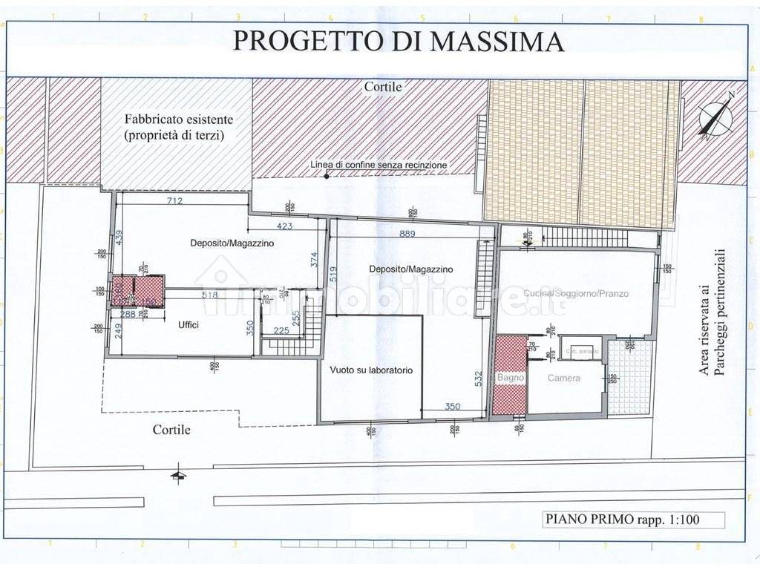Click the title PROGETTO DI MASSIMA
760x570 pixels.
399,41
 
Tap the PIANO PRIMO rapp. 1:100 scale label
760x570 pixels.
622,520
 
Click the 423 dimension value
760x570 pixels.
285,226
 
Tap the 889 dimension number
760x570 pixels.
407,234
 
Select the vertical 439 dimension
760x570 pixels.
119,237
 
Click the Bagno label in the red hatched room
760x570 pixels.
510,378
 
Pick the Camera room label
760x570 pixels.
564,379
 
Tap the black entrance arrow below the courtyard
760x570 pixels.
177,475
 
